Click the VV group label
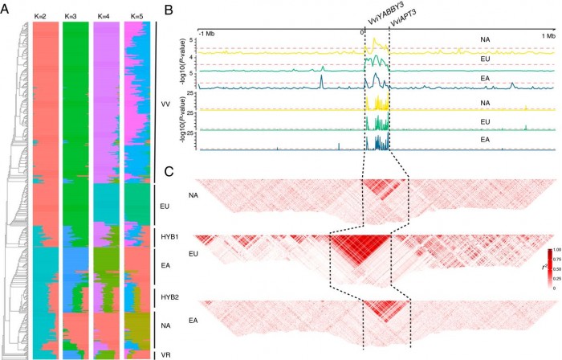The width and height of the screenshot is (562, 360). pyautogui.click(x=166, y=104)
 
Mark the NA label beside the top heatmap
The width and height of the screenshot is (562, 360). pyautogui.click(x=193, y=195)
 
